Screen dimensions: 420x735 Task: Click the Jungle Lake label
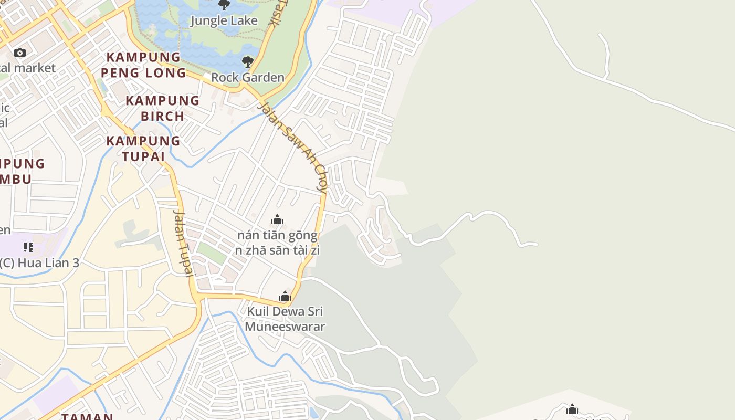(224, 21)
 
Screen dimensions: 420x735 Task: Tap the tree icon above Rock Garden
(247, 62)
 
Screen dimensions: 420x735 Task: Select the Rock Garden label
(247, 78)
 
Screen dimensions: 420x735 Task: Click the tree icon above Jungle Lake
(224, 5)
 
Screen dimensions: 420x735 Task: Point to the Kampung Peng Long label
(143, 65)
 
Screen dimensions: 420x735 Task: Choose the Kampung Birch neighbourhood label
(163, 108)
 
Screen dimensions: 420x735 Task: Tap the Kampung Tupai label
(143, 149)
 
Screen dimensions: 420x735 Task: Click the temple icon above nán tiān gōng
(277, 219)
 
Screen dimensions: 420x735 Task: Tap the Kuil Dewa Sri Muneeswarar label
(285, 319)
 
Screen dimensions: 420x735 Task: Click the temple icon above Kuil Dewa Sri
(285, 296)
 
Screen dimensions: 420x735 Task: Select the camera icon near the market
(20, 52)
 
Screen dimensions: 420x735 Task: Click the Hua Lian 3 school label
(40, 263)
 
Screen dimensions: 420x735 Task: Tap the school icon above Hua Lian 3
(28, 247)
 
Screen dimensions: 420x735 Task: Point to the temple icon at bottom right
(572, 409)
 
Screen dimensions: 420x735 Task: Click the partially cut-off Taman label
(88, 416)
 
